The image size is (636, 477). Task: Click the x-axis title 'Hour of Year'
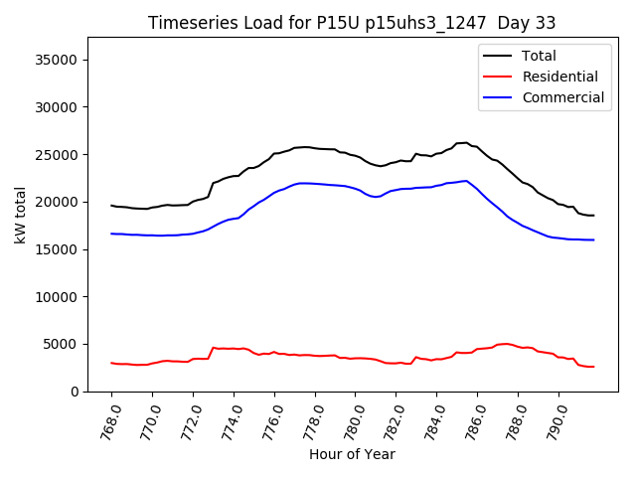tap(352, 454)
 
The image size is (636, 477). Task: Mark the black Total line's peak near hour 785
tap(464, 142)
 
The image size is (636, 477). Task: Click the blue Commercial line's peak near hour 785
tap(465, 181)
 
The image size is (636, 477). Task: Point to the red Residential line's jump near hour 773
tap(213, 348)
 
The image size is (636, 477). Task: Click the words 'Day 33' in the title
tap(528, 23)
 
